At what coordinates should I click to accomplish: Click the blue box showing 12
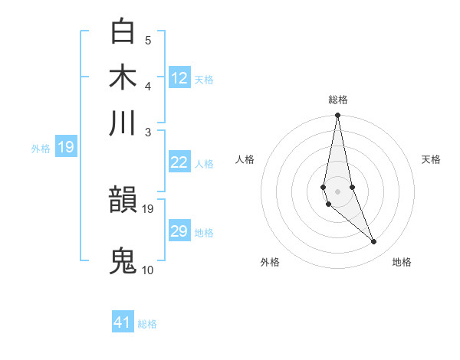click(179, 78)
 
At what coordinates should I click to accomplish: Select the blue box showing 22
click(179, 162)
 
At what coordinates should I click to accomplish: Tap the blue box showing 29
click(179, 231)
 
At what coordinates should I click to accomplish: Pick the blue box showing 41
click(123, 322)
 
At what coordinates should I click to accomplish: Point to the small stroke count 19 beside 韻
click(148, 208)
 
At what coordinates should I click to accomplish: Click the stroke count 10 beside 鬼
click(148, 270)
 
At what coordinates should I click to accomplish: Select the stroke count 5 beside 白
click(147, 40)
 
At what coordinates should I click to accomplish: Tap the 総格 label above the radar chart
click(338, 100)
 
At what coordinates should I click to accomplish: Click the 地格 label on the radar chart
click(402, 262)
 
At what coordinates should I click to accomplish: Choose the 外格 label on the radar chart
click(270, 262)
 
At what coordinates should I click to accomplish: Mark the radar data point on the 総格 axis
click(337, 116)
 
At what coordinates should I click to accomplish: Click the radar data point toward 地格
click(373, 242)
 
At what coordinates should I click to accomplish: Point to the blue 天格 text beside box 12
click(204, 80)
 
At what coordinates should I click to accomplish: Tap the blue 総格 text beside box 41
click(147, 324)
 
